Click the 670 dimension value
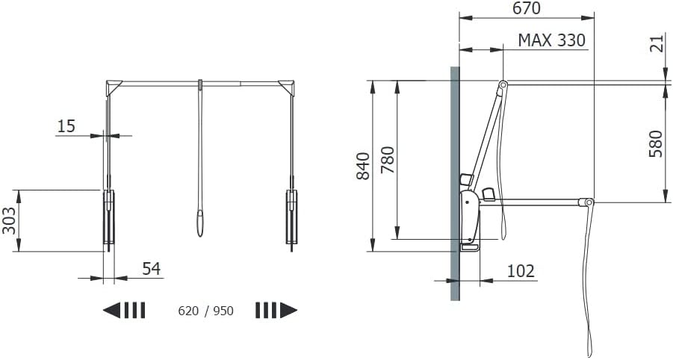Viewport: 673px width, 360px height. tap(526, 9)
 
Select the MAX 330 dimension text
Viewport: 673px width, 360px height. tap(551, 40)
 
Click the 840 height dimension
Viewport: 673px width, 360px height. tap(364, 165)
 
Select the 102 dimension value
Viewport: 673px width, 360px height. tap(521, 270)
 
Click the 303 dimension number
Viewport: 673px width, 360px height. tap(10, 220)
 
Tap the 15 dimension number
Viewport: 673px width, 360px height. tap(66, 126)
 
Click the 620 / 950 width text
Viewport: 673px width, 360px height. tap(206, 311)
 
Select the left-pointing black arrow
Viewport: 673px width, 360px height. tap(124, 310)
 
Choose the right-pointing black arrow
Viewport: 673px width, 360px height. tap(276, 310)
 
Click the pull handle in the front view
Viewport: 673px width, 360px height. tap(200, 223)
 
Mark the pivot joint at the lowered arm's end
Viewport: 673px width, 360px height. tap(589, 202)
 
